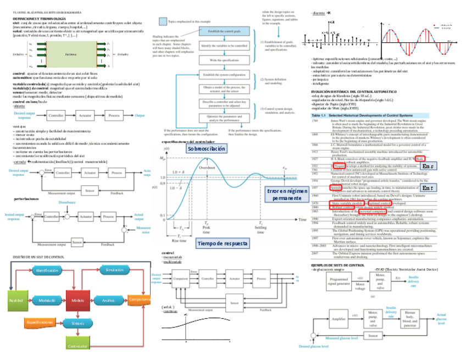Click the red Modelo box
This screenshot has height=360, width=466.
[x=77, y=301]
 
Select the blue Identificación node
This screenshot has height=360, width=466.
[x=48, y=271]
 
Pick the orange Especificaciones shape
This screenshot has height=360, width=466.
[x=40, y=322]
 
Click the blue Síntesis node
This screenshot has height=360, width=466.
[x=77, y=323]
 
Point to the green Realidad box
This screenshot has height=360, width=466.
[x=16, y=301]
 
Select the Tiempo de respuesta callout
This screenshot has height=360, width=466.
[x=222, y=243]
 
